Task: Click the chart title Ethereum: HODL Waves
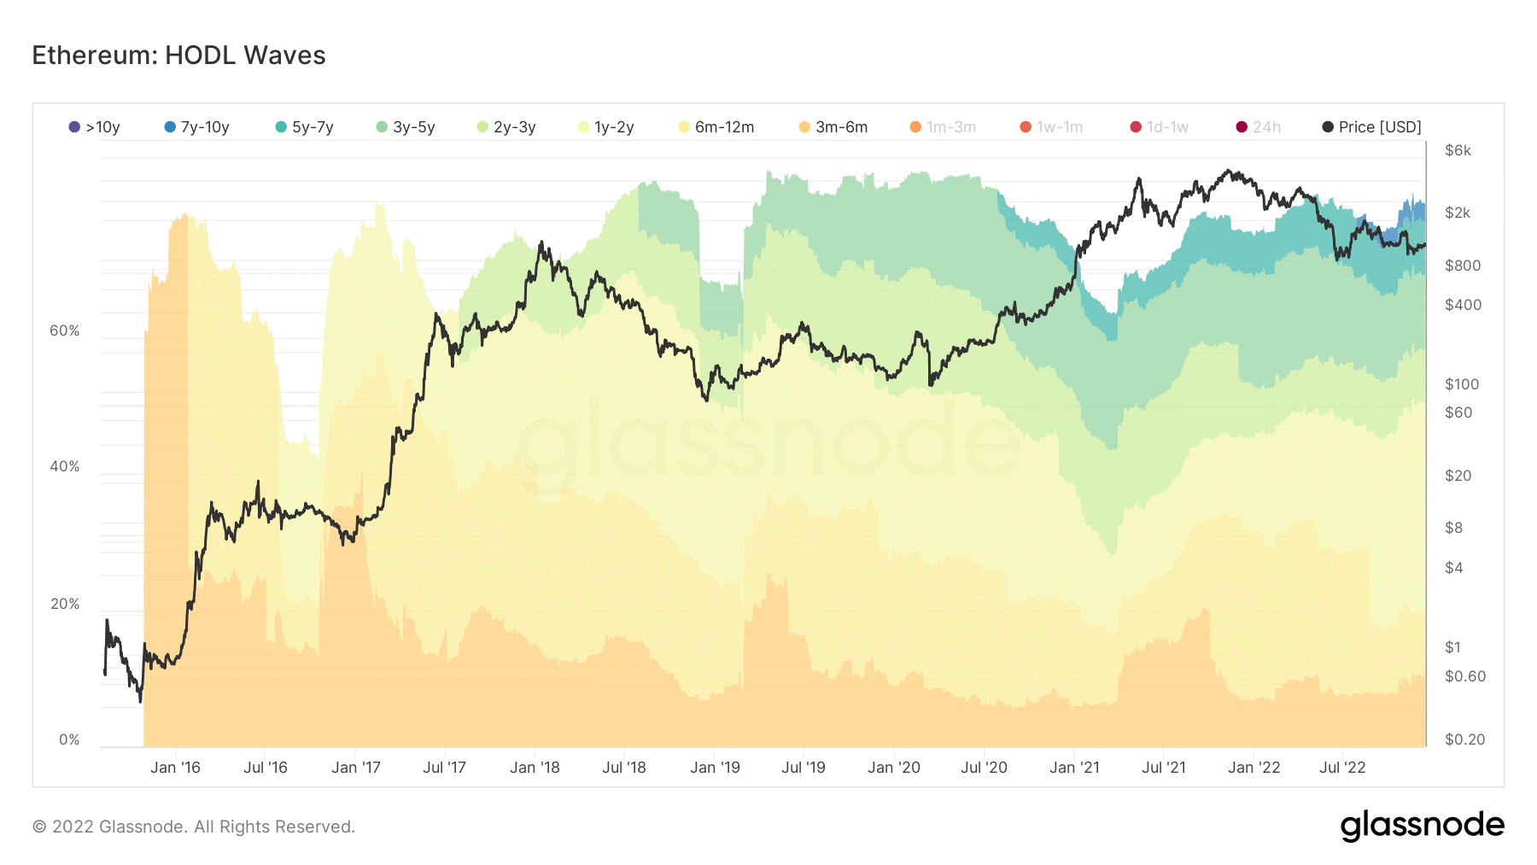pos(178,56)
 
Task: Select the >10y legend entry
pos(95,127)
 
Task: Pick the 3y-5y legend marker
pos(382,127)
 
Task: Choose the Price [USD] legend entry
pos(1371,127)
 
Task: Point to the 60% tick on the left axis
pos(64,330)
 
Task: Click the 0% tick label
pos(69,739)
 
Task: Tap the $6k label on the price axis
pos(1458,150)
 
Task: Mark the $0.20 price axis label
pos(1464,739)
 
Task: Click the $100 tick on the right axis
pos(1461,384)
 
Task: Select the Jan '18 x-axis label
pos(535,768)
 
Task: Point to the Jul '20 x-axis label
pos(984,768)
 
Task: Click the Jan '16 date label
pos(175,768)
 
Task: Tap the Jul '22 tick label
pos(1342,768)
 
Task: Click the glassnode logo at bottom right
pos(1422,826)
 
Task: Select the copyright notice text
pos(194,827)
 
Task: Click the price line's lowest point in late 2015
pos(140,701)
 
